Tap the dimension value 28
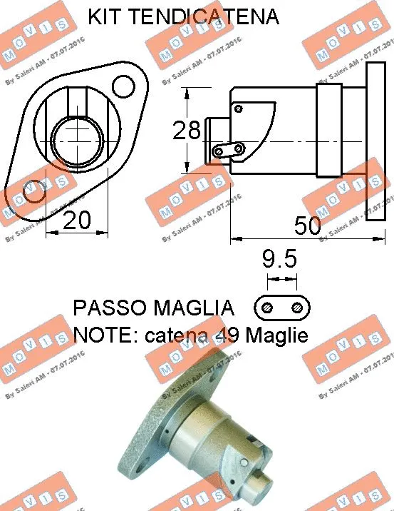(187, 131)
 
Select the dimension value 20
(77, 221)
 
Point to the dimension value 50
(308, 226)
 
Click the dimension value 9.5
(279, 257)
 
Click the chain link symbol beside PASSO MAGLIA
(282, 307)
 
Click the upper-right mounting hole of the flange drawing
(124, 88)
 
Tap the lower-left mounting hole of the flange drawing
(31, 193)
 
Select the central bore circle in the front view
(79, 140)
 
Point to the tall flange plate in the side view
(375, 136)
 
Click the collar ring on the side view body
(328, 130)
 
